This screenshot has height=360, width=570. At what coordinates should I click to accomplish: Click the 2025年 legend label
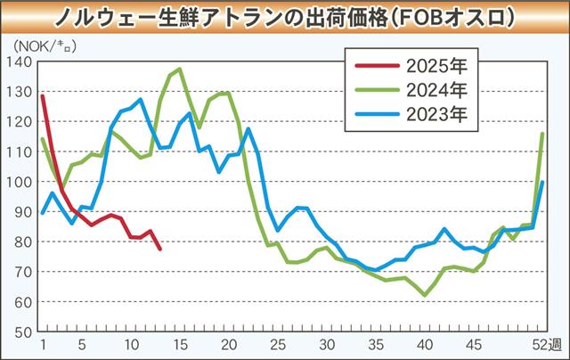[440, 64]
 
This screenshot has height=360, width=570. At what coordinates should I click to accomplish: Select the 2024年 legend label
[440, 89]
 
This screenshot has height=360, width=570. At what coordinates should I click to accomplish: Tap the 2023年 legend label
[440, 114]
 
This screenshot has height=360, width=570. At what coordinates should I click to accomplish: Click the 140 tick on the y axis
[18, 61]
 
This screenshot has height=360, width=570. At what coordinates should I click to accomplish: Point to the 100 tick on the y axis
[18, 182]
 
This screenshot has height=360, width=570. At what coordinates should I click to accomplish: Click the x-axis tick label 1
[43, 346]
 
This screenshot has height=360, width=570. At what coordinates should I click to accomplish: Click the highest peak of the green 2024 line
[180, 69]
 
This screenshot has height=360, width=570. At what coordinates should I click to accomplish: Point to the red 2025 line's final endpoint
[160, 249]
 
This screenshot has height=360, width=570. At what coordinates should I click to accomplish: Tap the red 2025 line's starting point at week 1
[43, 95]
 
